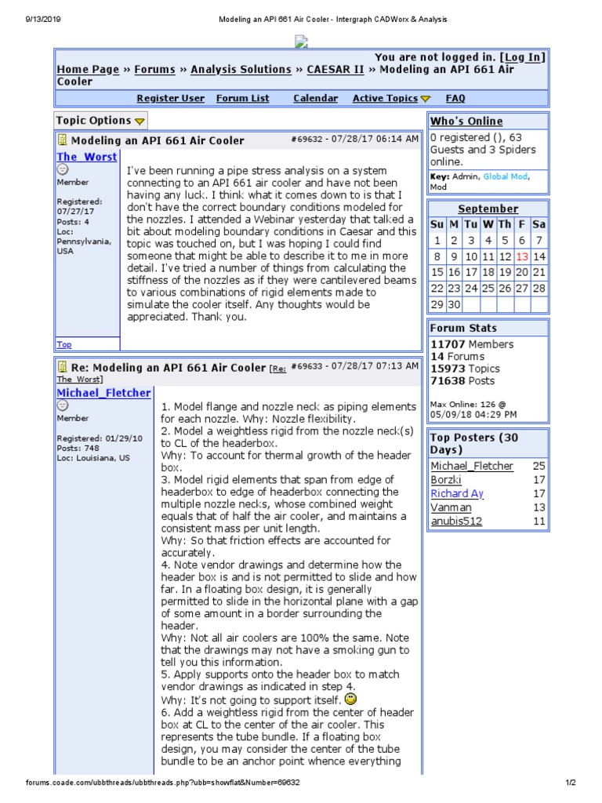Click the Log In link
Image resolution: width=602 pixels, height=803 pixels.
click(524, 57)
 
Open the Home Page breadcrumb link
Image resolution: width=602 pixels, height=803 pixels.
click(88, 70)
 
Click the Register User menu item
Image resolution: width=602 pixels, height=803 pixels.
click(170, 99)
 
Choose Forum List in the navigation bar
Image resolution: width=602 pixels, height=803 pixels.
click(242, 99)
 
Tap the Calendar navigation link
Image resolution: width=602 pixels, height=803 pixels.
click(315, 99)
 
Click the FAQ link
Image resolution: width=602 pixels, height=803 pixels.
click(455, 99)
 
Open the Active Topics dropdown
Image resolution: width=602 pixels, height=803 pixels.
click(391, 99)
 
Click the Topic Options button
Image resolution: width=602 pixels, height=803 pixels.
click(100, 121)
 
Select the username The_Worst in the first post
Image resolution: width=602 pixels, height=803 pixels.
click(86, 157)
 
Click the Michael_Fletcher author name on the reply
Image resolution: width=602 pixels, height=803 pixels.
click(103, 393)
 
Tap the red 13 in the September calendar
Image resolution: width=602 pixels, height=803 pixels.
click(522, 257)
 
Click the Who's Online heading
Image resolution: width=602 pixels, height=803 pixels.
click(466, 122)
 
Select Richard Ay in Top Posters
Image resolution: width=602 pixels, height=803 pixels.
click(457, 494)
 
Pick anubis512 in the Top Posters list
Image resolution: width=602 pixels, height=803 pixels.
click(456, 521)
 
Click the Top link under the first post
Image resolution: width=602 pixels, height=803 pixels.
click(63, 344)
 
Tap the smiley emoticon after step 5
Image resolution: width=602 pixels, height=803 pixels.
click(350, 698)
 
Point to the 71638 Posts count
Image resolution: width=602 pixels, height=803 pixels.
click(462, 381)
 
